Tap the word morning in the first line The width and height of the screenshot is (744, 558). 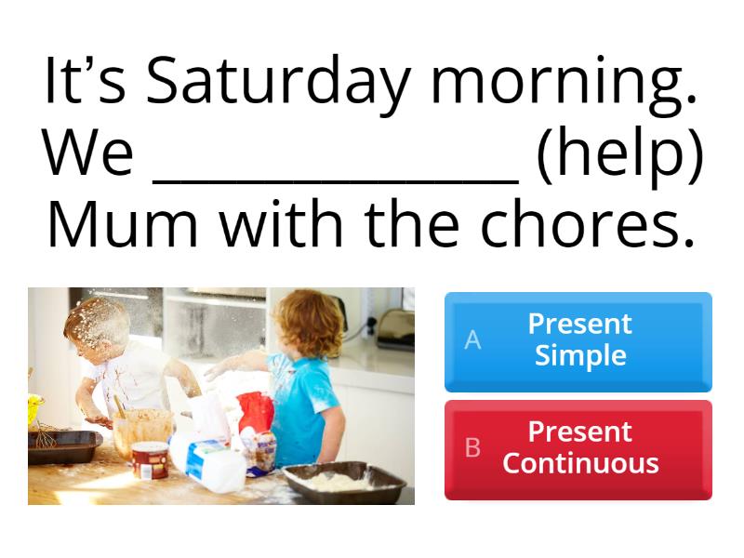pos(564,84)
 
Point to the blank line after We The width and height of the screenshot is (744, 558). pos(335,177)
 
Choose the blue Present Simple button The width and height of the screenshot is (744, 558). pos(578,340)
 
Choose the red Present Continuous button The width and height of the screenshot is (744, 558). pos(578,448)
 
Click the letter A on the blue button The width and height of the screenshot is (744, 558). pos(472,340)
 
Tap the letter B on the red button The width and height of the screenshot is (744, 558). pos(472,448)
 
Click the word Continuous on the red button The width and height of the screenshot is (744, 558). pos(580,463)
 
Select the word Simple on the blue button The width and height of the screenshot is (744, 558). pos(580,355)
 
